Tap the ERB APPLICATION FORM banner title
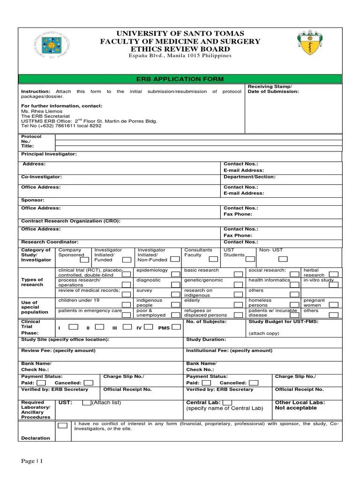click(x=180, y=79)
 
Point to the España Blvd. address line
click(x=180, y=56)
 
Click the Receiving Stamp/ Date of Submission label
click(x=273, y=89)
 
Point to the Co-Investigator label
click(x=41, y=177)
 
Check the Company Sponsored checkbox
click(x=84, y=259)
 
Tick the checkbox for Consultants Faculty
click(x=213, y=259)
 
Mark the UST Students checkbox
click(x=250, y=258)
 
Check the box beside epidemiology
click(x=174, y=274)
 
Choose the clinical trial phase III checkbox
click(x=127, y=327)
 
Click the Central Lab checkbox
click(x=227, y=402)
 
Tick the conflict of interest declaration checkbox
click(x=62, y=426)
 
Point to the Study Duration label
click(x=206, y=339)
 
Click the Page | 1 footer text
click(x=32, y=461)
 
